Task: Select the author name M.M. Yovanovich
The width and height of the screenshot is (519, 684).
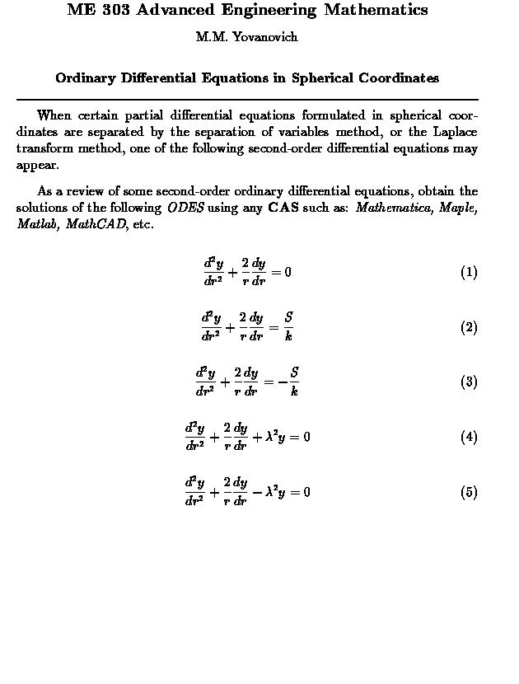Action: point(246,37)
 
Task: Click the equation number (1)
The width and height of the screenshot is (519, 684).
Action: point(469,273)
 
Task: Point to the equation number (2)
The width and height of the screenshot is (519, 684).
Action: point(469,327)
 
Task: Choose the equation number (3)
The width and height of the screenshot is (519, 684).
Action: point(469,382)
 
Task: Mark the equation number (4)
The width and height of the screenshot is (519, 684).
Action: point(469,437)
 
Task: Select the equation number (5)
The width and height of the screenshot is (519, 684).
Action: point(469,492)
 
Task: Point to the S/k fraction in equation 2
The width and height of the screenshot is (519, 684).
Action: point(288,327)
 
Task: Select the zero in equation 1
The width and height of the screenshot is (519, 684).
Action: point(288,273)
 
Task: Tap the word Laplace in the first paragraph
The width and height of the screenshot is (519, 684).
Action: point(457,133)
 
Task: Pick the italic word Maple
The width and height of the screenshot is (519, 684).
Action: point(457,208)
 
